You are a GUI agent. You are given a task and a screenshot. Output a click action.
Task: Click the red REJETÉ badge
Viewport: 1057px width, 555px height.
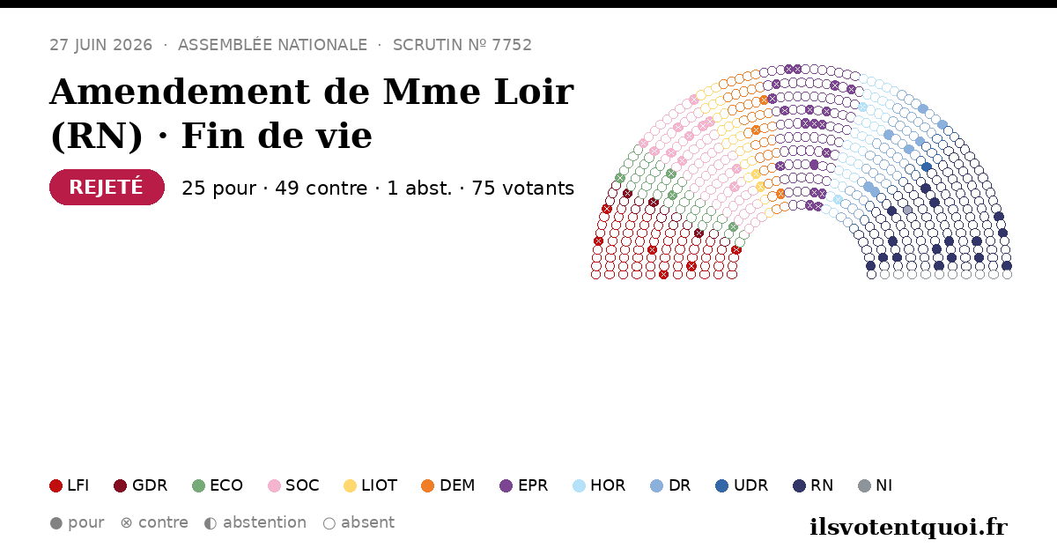pos(107,188)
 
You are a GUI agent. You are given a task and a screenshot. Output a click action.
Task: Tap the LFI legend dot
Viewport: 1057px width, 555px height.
pos(55,485)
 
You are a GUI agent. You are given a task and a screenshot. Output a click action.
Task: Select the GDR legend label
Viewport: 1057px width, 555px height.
pos(150,485)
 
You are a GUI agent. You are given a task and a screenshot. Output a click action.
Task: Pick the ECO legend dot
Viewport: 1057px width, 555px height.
pos(199,485)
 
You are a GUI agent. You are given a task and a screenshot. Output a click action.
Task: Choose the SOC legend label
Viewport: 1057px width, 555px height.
pos(302,485)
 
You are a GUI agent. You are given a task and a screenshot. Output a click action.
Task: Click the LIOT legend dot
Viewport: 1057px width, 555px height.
pos(350,485)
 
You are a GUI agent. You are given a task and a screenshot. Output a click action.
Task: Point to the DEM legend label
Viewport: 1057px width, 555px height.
pos(457,485)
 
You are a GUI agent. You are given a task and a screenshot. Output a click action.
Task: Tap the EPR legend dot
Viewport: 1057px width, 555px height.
pos(506,485)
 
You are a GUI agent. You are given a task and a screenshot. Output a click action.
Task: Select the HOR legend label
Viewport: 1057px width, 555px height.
pos(608,485)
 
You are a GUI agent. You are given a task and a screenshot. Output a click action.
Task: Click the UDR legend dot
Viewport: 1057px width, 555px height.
pos(722,485)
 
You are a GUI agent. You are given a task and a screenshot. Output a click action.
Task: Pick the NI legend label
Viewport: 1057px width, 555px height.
pos(883,485)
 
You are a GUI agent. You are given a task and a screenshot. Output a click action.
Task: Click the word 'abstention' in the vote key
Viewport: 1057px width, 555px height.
pos(264,523)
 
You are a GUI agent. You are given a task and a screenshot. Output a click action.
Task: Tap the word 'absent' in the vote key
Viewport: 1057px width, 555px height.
pos(367,523)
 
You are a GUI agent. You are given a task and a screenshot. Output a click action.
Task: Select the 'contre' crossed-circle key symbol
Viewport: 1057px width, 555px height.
pos(127,523)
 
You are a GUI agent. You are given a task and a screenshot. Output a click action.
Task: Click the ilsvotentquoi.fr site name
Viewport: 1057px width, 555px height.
pos(909,527)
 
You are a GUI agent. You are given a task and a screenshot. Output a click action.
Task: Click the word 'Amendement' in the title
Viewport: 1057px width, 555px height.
pos(180,92)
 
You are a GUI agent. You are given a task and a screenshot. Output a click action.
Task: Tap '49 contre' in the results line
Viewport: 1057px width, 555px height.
pos(321,188)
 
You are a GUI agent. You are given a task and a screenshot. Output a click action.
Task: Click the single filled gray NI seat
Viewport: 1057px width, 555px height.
pos(907,210)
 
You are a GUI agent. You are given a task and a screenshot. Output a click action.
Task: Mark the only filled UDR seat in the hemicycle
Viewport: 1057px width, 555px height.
pos(927,166)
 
